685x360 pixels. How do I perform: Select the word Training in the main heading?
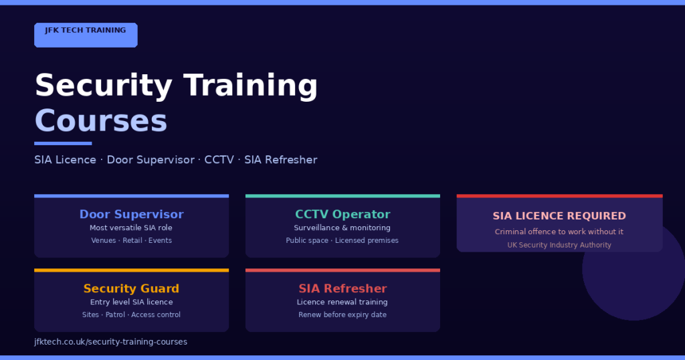point(250,86)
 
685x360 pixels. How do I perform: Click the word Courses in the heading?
point(100,122)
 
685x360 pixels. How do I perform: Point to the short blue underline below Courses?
point(63,143)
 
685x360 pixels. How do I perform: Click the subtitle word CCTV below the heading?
point(219,160)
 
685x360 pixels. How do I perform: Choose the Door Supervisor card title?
point(131,215)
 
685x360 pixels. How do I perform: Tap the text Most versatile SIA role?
point(131,228)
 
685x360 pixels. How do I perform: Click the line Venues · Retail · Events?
point(131,241)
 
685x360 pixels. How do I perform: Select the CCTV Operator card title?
point(342,215)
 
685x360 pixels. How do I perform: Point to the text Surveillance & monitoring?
point(342,228)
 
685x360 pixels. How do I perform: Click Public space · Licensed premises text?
point(342,241)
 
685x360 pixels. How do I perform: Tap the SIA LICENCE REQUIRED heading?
point(559,216)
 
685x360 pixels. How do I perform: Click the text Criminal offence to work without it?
point(559,232)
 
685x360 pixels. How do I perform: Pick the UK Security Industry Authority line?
point(559,246)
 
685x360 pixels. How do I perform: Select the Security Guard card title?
point(131,289)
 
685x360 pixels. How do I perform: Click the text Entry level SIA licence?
point(131,302)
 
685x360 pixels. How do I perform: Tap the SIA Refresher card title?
point(342,289)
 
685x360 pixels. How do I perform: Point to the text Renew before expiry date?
point(342,315)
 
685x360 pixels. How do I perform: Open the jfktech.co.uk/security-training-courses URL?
point(110,342)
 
